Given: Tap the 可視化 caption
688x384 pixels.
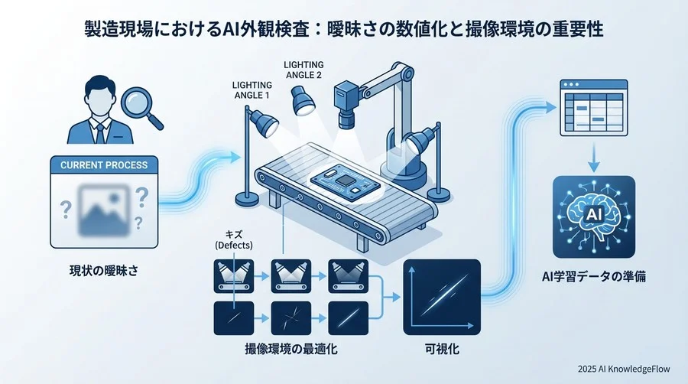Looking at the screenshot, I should tap(441, 349).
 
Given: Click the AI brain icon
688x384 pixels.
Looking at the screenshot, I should tap(593, 216).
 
